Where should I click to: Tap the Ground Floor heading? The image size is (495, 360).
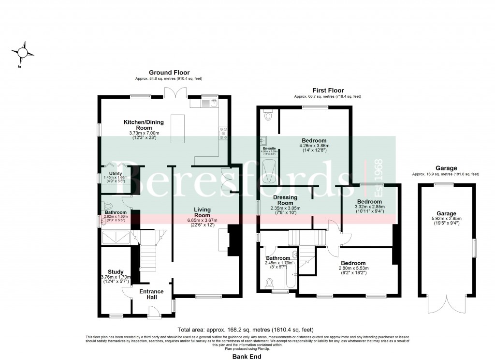[169, 73]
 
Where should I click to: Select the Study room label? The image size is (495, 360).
[116, 272]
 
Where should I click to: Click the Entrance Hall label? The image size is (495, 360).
[151, 294]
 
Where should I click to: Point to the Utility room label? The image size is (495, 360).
[116, 173]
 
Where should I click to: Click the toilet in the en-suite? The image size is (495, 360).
[269, 116]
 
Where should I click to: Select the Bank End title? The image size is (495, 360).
[247, 356]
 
